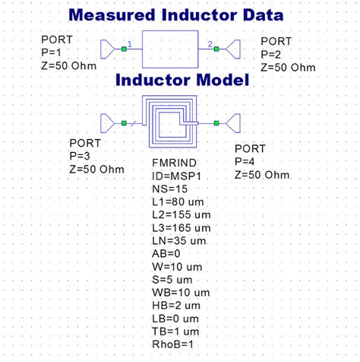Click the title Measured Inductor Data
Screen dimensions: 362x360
(x=176, y=14)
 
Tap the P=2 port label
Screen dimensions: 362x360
(x=275, y=53)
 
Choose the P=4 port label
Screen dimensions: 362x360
(x=249, y=162)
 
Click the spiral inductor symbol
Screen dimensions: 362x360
(x=170, y=122)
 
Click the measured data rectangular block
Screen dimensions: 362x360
(x=175, y=49)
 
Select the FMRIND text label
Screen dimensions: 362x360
(x=173, y=164)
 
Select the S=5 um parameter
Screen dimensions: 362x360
(x=174, y=280)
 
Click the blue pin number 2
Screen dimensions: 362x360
(x=210, y=44)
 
